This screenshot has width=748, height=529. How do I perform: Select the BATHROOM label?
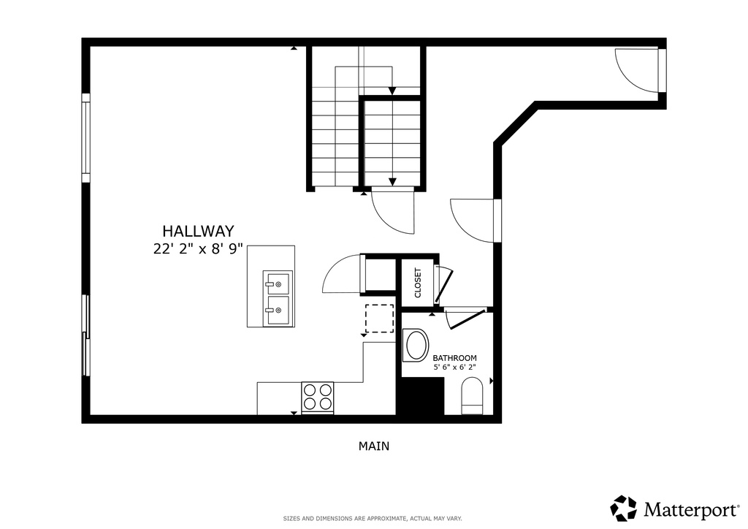coord(454,358)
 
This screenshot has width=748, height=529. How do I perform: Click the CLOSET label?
coord(418,283)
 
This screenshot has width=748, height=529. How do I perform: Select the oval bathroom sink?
coord(416,346)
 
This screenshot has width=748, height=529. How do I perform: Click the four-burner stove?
coord(317,398)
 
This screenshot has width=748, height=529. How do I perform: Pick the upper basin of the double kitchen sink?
coord(278,283)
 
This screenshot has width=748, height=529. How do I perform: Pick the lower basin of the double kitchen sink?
coord(278,311)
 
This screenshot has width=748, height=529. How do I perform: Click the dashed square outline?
coord(379,319)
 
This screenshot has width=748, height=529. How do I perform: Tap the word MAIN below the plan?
coord(373,446)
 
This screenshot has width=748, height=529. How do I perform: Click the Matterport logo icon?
coord(623,508)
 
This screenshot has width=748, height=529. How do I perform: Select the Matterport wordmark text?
coord(686,509)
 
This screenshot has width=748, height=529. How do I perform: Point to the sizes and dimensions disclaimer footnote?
coord(373,519)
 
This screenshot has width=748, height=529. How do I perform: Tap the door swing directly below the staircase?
coord(393,210)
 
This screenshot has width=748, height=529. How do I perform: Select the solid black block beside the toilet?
coord(420,397)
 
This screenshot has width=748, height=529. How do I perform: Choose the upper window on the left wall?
coord(85,138)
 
